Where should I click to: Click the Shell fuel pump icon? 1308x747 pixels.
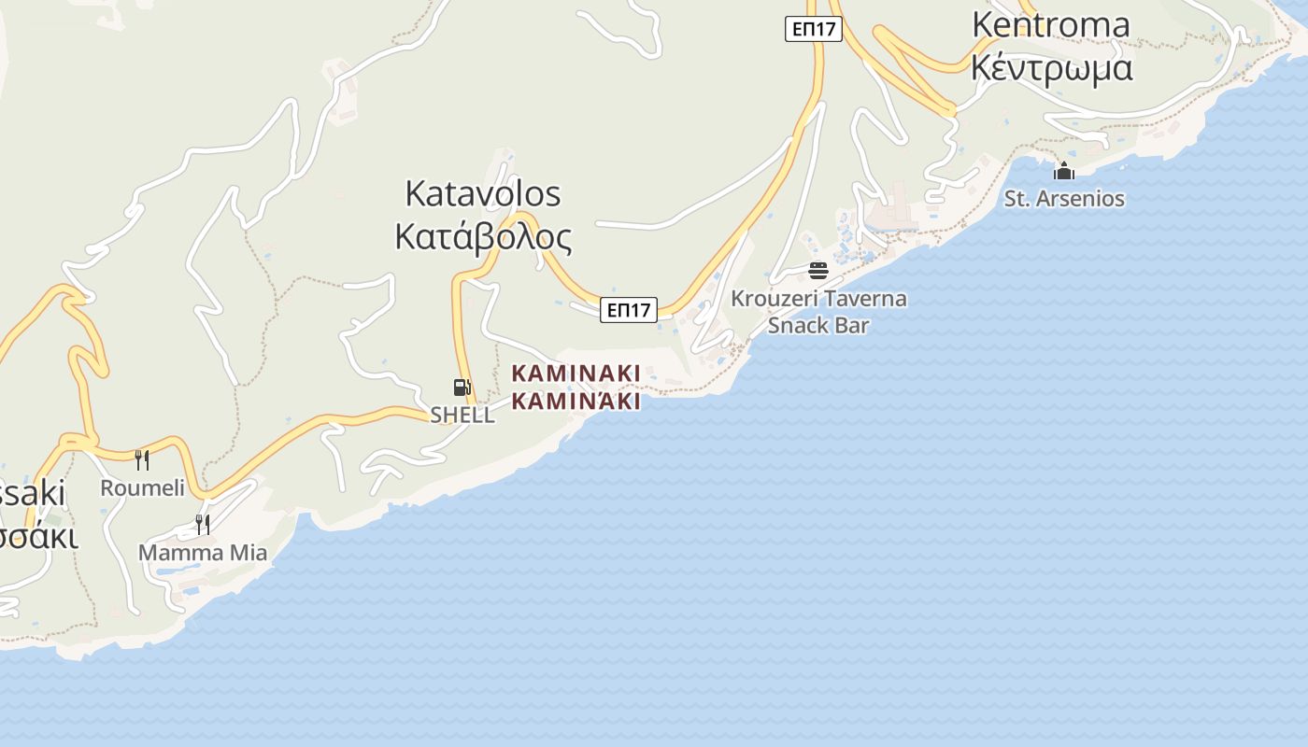(462, 388)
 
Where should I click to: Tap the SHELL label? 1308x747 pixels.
(462, 415)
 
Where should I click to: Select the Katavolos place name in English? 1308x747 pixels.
(483, 193)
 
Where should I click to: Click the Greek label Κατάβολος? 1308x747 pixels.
(483, 237)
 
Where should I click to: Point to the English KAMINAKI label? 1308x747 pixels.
(576, 373)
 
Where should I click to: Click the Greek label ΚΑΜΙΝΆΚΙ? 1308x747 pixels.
(576, 402)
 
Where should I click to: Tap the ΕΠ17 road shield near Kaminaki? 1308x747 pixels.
(629, 310)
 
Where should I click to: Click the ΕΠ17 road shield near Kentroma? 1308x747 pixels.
(813, 29)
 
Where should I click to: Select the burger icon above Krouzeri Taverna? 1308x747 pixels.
(818, 271)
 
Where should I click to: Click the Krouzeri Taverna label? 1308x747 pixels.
(818, 299)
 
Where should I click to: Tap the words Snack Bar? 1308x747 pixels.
(818, 325)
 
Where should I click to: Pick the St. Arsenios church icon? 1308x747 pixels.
(1064, 172)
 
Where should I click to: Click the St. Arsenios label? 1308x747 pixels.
(1064, 198)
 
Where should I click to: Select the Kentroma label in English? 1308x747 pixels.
(1051, 24)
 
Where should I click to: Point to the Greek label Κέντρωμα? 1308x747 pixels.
(1051, 67)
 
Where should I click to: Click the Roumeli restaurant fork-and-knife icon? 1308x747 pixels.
(142, 459)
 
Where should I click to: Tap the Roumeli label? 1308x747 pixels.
(142, 487)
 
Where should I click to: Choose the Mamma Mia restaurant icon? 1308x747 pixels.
(202, 524)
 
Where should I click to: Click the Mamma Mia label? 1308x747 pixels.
(203, 553)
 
